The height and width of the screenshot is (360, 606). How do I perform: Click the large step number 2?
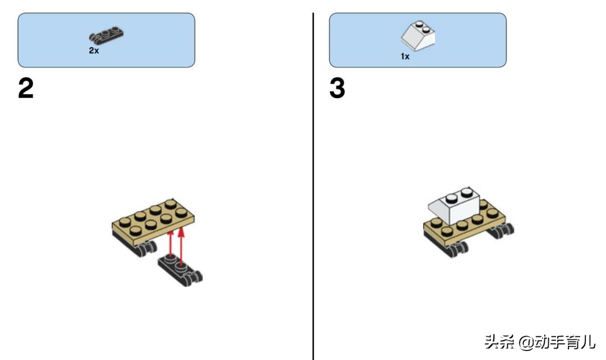(26, 88)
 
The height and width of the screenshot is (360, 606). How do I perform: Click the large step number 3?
(337, 88)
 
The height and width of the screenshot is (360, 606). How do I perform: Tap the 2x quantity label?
(94, 50)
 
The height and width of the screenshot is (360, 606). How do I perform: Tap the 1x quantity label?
(405, 57)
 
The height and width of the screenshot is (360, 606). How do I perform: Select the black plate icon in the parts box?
(106, 35)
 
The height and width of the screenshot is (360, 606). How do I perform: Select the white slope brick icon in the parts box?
(418, 36)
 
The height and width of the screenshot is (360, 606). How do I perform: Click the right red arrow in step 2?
(181, 246)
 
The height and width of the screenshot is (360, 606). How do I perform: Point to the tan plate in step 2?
(153, 221)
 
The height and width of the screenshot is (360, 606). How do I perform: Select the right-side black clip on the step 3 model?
(501, 230)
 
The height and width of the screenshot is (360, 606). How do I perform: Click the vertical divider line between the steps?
(313, 186)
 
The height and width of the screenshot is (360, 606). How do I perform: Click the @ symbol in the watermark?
(526, 342)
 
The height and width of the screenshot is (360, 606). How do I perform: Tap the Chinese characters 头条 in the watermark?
(499, 342)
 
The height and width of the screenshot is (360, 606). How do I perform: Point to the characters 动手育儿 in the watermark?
(564, 342)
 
